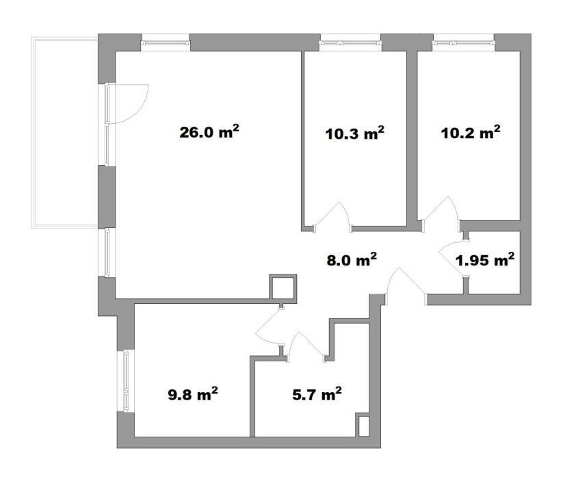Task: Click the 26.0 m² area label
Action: pyautogui.click(x=209, y=132)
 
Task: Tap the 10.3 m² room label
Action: pyautogui.click(x=354, y=133)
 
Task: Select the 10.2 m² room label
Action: pyautogui.click(x=471, y=133)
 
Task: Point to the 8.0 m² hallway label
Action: pyautogui.click(x=352, y=259)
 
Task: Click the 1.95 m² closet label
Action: pyautogui.click(x=485, y=259)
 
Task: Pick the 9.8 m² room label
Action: pyautogui.click(x=193, y=394)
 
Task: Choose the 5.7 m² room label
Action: pyautogui.click(x=317, y=394)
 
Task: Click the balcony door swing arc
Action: pyautogui.click(x=141, y=108)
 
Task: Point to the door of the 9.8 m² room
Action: pyautogui.click(x=268, y=326)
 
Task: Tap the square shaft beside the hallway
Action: pyautogui.click(x=283, y=287)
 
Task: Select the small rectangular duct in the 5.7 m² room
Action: pyautogui.click(x=363, y=426)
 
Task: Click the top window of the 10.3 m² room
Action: pyautogui.click(x=351, y=43)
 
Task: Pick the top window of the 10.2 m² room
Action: pyautogui.click(x=463, y=43)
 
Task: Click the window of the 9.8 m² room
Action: pyautogui.click(x=126, y=381)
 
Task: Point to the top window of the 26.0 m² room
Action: pyautogui.click(x=166, y=43)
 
